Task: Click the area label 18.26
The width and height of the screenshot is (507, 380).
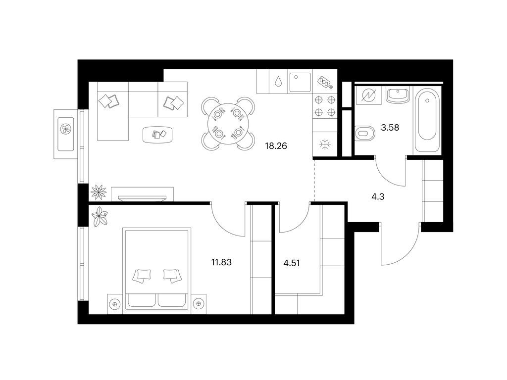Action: click(276, 146)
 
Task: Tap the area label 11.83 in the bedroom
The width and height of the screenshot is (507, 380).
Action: click(221, 262)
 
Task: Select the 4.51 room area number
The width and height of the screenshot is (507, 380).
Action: click(292, 263)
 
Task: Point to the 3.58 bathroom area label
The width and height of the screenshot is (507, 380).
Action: click(390, 128)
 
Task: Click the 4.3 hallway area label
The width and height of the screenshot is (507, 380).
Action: click(378, 196)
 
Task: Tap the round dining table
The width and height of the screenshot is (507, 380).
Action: click(228, 124)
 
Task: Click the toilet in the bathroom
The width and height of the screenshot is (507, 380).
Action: click(364, 133)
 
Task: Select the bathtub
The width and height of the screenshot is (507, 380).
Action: click(427, 119)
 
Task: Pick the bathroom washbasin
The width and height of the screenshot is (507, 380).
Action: click(398, 95)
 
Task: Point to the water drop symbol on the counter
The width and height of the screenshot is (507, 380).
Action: click(278, 81)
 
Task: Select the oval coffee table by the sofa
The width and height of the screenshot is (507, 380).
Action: click(157, 134)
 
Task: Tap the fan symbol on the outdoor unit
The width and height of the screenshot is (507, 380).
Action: click(66, 129)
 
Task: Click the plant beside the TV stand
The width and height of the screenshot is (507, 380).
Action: click(99, 192)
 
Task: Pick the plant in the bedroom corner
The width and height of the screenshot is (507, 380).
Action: click(100, 217)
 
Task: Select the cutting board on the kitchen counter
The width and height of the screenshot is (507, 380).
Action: click(325, 82)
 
